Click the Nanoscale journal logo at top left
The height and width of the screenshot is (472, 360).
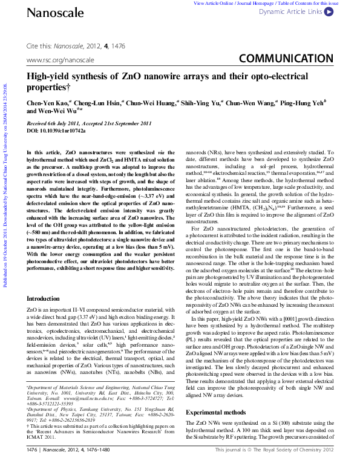coord(47,12)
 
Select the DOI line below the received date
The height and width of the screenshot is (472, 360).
coord(56,130)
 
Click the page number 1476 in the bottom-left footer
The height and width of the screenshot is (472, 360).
coord(32,467)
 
